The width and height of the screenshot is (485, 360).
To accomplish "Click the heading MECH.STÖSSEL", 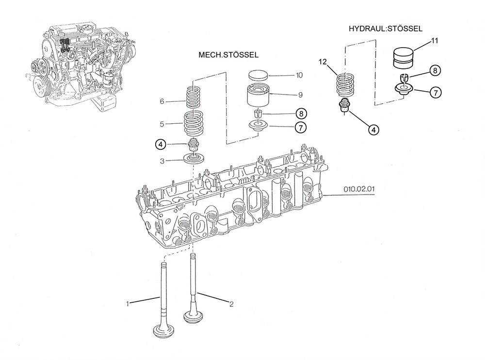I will tap(228, 55).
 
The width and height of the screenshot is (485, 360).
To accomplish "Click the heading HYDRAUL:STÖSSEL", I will tap(386, 29).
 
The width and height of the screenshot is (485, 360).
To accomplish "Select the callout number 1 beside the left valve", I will tap(128, 304).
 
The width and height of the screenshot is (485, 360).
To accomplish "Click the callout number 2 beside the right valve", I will tap(231, 304).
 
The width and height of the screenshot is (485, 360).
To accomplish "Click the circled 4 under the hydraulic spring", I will tap(373, 130).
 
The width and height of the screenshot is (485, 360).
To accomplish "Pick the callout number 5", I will tap(162, 124).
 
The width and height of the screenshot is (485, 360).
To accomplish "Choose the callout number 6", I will tap(162, 101).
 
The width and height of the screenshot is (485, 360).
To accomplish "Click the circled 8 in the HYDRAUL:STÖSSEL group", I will tap(435, 71).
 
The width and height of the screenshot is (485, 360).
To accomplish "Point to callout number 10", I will tap(299, 75).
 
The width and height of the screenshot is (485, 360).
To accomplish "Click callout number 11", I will tap(435, 41).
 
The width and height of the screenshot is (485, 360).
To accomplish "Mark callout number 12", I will tap(323, 62).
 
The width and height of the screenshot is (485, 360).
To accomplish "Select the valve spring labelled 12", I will tap(346, 85).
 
